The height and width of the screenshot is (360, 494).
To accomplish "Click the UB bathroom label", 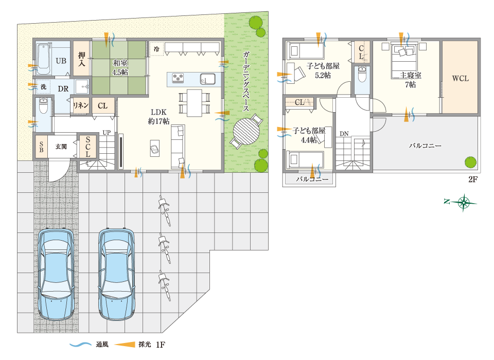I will pos(61,61).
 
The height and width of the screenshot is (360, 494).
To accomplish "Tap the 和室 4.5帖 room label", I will pos(120,67).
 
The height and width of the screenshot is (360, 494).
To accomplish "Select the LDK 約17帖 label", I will pos(159,116).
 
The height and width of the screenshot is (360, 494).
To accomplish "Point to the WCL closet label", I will pos(460,79).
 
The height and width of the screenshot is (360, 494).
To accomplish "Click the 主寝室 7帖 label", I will pos(410,80).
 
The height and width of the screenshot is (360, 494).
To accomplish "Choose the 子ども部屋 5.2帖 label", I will pos(323,70).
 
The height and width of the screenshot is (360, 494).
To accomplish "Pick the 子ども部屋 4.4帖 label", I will pos(309,135).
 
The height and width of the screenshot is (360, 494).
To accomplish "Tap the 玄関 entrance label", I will pos(61,147).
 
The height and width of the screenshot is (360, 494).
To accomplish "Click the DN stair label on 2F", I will pos(344,134).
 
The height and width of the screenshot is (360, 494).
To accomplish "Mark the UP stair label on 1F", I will pos(107,132).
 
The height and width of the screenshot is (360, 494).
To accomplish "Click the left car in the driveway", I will pos(56,274).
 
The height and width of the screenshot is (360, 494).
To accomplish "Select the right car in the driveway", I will pos(117,274).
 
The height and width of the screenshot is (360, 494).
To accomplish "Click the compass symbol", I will pos(464,202).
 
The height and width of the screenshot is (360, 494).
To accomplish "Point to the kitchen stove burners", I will pos(178,78).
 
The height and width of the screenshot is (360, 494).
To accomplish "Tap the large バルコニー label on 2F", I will pos(425,146).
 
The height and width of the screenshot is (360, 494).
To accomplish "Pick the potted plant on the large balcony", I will pos(470,161).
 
